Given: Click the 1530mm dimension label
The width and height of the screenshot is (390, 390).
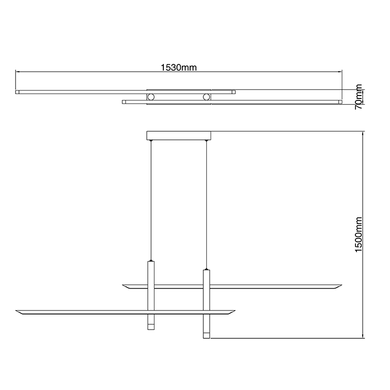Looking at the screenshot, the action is pos(178,67).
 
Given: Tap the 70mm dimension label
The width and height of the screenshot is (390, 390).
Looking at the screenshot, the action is pos(359,97).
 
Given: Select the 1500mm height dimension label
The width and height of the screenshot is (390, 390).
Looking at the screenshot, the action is pos(359,234).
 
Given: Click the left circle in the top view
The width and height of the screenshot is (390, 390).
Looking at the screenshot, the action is pos(151,97).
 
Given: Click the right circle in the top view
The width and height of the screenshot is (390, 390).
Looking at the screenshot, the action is pos(206,97).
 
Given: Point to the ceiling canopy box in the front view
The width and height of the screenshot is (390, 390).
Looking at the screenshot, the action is pos(178,136).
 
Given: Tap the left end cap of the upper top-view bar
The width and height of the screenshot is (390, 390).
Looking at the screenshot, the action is pos(17,92).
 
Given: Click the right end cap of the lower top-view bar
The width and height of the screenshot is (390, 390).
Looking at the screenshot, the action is pos(340,102).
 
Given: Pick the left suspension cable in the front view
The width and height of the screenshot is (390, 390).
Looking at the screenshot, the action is pos(151,200).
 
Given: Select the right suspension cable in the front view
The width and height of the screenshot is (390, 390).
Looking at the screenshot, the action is pos(206,205).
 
